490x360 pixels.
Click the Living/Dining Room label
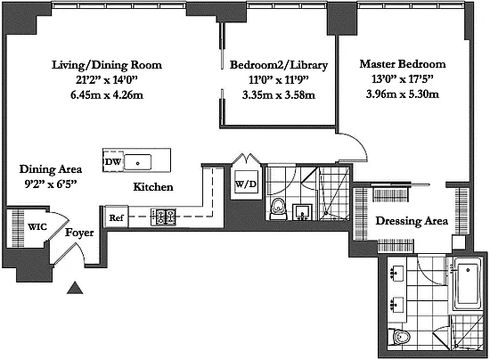tap(107, 65)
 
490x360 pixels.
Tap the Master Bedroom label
tap(403, 64)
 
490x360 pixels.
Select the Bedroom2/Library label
tap(279, 65)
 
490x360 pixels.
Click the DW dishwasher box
tap(113, 161)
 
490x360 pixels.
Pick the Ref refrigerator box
tap(116, 217)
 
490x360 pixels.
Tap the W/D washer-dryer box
tap(246, 184)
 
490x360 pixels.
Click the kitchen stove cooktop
tap(163, 217)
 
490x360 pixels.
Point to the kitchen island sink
tap(137, 162)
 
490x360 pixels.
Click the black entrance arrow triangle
tap(75, 288)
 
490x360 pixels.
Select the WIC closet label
tap(37, 226)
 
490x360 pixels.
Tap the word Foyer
tap(79, 233)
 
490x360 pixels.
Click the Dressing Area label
tap(412, 221)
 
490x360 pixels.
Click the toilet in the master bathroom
tap(399, 337)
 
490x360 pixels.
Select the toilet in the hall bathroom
tap(279, 209)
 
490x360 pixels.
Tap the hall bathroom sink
tap(302, 211)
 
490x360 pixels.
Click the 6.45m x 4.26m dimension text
tap(107, 95)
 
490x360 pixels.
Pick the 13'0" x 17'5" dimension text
tap(403, 79)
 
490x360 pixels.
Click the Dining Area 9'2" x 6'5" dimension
tap(51, 184)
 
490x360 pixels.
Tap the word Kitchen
tap(153, 187)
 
